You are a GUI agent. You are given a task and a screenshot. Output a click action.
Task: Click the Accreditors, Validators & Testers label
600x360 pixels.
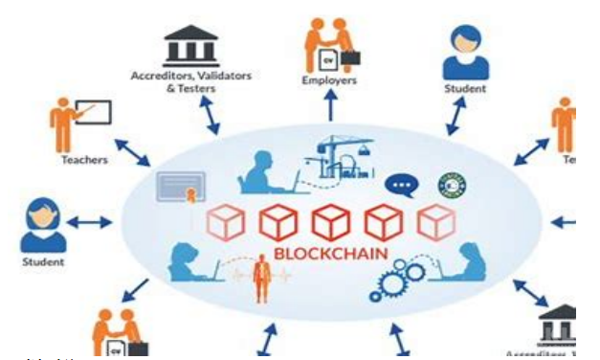pos(174,81)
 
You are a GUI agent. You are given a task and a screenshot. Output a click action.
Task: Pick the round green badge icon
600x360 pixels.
pos(450,183)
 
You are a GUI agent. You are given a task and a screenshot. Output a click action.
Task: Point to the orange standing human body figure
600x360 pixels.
pos(257,277)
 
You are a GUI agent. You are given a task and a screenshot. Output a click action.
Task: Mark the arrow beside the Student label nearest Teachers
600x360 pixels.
pos(92,223)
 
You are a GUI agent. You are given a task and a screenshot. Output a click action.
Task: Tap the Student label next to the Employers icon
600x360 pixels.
pos(465,88)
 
